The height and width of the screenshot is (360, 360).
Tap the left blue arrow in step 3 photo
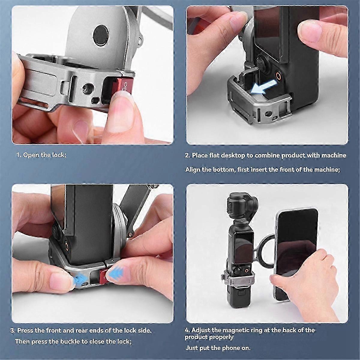pos(78,280)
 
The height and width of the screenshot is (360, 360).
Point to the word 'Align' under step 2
pos(193,169)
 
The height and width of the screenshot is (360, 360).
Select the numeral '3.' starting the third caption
pos(13,331)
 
